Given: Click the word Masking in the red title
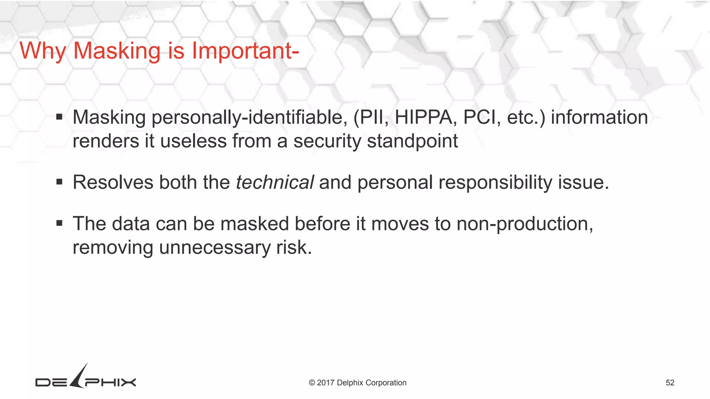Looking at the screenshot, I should pyautogui.click(x=117, y=51).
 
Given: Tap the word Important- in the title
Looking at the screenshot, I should pyautogui.click(x=245, y=51).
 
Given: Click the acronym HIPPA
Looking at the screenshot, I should pyautogui.click(x=423, y=117).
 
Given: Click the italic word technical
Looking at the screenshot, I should pyautogui.click(x=275, y=182).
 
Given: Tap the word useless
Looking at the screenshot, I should pyautogui.click(x=193, y=141).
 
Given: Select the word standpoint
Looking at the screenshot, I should pyautogui.click(x=412, y=141).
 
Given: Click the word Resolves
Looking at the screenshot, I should pyautogui.click(x=113, y=182).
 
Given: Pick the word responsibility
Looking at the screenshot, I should pyautogui.click(x=495, y=182).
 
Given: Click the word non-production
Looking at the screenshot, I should pyautogui.click(x=525, y=224).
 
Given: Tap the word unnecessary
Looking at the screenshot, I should pyautogui.click(x=215, y=248).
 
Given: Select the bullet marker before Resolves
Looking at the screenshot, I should pyautogui.click(x=59, y=182).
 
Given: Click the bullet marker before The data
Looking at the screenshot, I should pyautogui.click(x=59, y=223).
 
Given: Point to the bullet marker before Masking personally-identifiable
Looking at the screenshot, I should pyautogui.click(x=59, y=117).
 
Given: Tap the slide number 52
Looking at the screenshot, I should pyautogui.click(x=670, y=383).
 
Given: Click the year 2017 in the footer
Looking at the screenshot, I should pyautogui.click(x=325, y=383).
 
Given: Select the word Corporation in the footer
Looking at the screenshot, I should pyautogui.click(x=386, y=383).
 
